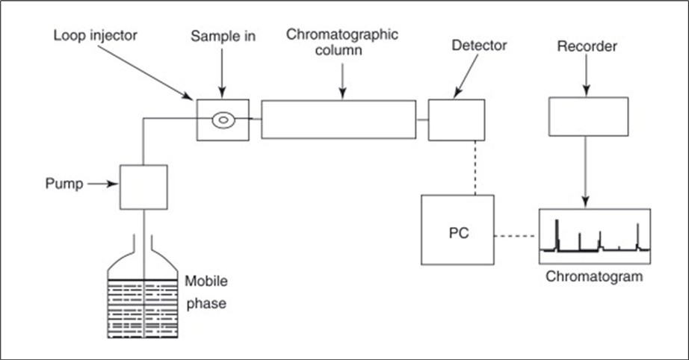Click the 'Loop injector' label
pos(96,35)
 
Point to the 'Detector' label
pos(479,46)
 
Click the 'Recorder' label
pos(587,47)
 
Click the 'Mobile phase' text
pos(206,293)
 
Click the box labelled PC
pos(457,229)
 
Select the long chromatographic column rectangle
pos(339,119)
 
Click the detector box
pos(456,119)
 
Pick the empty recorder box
pos(588,117)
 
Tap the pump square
pos(143,187)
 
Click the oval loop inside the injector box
pos(223,119)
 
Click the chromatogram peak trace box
pos(595,235)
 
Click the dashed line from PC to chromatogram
pos(516,237)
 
